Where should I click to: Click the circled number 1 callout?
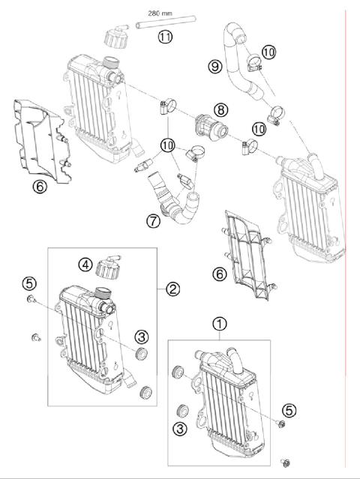219,325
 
